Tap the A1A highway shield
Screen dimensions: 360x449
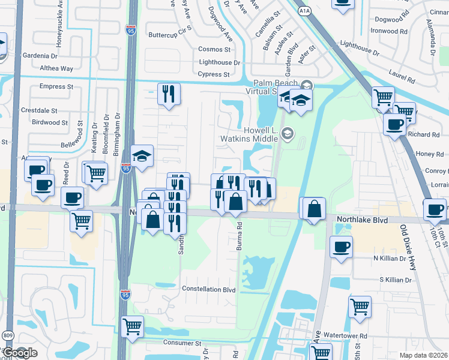pyautogui.click(x=304, y=10)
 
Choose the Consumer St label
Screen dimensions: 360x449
pyautogui.click(x=182, y=343)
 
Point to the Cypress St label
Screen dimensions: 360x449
pyautogui.click(x=214, y=74)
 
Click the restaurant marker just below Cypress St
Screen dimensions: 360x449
pyautogui.click(x=169, y=94)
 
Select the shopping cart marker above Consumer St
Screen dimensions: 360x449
pyautogui.click(x=132, y=327)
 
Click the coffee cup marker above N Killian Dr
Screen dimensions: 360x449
pyautogui.click(x=341, y=247)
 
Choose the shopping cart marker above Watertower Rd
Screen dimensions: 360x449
pyautogui.click(x=360, y=307)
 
